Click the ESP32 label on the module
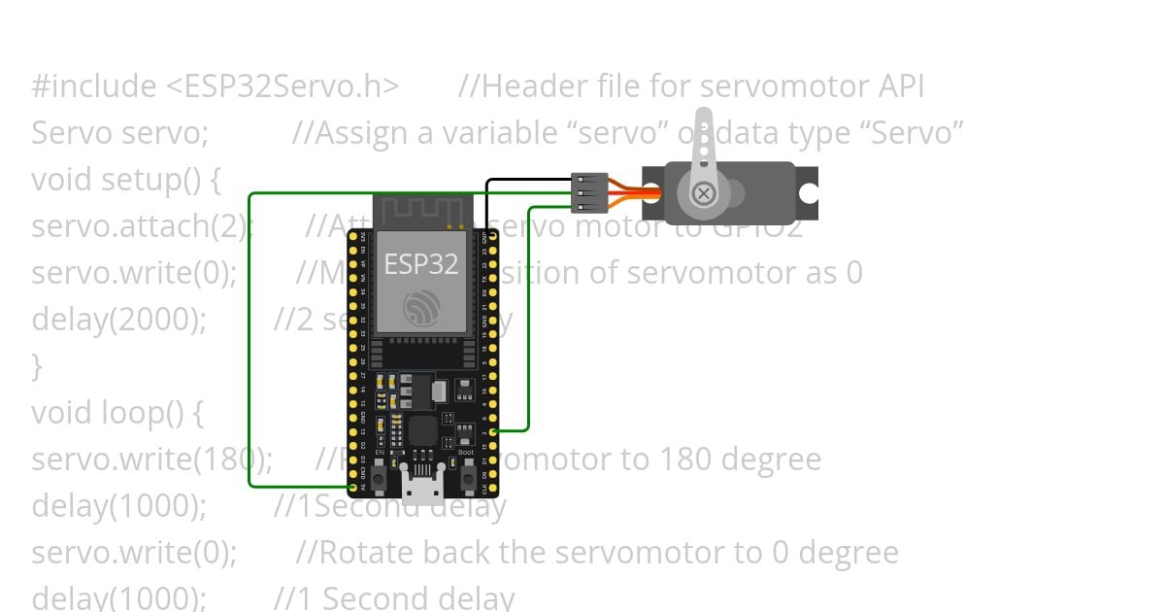[x=421, y=263]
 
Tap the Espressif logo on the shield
[x=421, y=308]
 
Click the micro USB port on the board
[x=422, y=483]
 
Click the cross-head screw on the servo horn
[x=705, y=193]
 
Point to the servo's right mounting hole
[x=809, y=193]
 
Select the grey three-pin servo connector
[x=590, y=193]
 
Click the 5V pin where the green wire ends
[x=352, y=485]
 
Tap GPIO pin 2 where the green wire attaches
[x=493, y=430]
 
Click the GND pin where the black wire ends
[x=493, y=236]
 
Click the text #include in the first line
[x=93, y=86]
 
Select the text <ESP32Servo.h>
[x=283, y=86]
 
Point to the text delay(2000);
[x=118, y=320]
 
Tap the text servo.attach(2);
[x=142, y=226]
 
